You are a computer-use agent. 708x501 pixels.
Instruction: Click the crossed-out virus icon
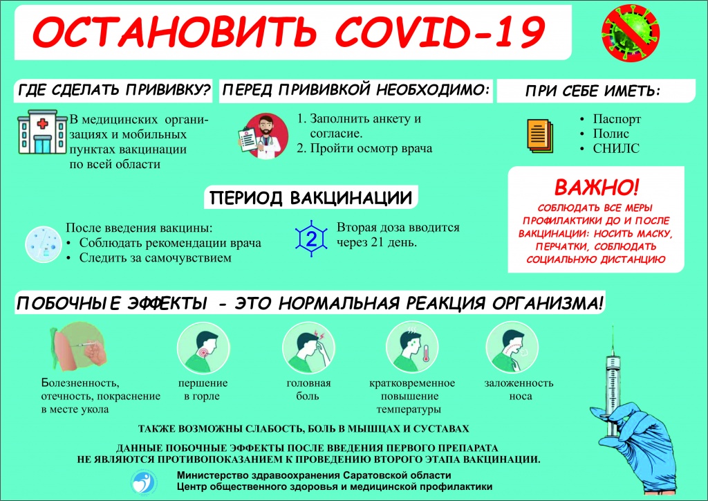(631, 33)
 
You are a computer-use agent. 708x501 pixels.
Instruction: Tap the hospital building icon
(42, 132)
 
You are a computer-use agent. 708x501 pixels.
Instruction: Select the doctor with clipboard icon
(263, 136)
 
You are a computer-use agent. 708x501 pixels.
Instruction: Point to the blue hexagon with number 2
(311, 238)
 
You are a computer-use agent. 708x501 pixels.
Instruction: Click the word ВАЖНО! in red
(597, 187)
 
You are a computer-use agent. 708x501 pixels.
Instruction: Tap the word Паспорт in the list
(617, 119)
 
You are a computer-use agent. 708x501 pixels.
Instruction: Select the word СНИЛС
(616, 148)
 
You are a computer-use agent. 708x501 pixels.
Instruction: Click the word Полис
(611, 134)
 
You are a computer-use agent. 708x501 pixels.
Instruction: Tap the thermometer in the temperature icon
(426, 354)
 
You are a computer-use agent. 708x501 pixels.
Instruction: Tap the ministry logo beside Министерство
(144, 482)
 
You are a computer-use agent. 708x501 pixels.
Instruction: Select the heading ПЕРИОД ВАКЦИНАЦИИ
(311, 198)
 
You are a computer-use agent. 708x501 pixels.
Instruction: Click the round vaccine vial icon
(44, 244)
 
